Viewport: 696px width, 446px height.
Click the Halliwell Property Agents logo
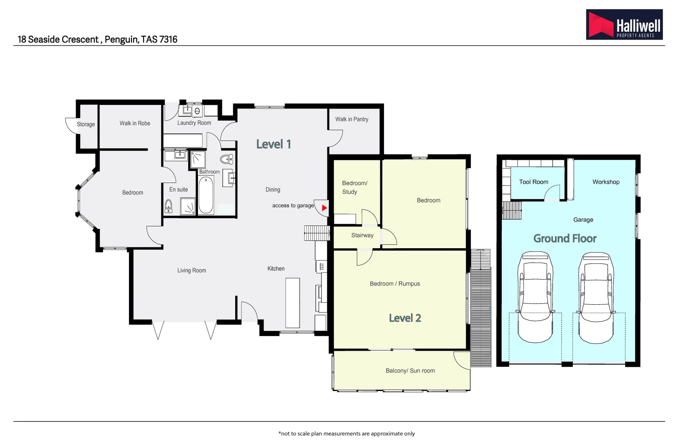coord(624,24)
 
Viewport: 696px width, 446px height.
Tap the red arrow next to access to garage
coord(324,208)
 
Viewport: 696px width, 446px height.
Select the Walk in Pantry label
coord(352,119)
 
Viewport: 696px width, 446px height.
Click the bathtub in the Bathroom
coord(206,195)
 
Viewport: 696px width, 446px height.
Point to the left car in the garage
coord(535,297)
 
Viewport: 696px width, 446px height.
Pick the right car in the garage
coord(596,297)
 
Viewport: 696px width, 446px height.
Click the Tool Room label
coord(534,182)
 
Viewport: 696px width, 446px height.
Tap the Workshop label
coord(606,182)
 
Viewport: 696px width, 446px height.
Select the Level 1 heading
coord(274,144)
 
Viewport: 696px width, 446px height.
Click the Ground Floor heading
coord(565,239)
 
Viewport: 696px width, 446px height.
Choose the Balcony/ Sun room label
coord(410,371)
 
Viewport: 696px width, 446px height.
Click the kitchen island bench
coord(293,303)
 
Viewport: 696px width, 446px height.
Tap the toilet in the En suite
coord(169,205)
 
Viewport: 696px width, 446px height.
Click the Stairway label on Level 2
coord(362,235)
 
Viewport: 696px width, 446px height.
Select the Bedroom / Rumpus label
coord(395,284)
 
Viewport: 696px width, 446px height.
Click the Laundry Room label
coord(194,123)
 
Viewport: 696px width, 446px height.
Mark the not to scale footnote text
coord(346,434)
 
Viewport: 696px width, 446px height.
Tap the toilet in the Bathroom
coord(226,159)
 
